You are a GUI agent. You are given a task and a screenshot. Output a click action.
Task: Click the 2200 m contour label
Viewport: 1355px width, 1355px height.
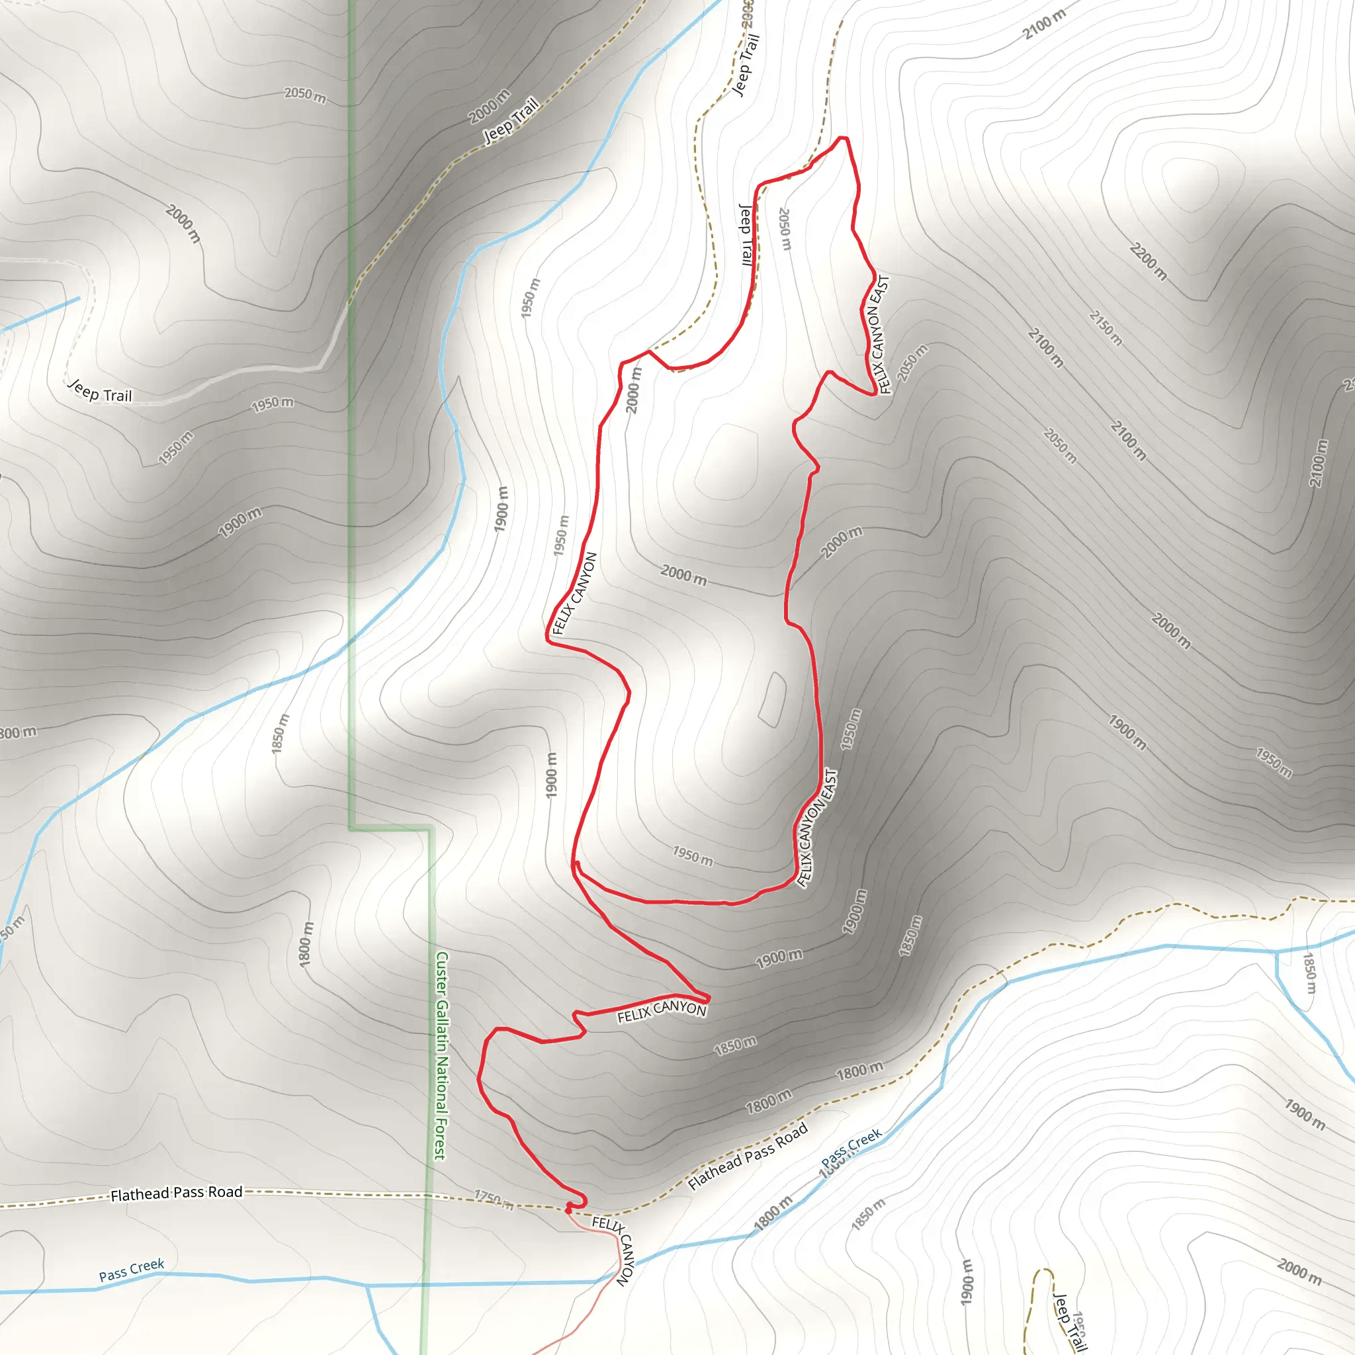(1148, 261)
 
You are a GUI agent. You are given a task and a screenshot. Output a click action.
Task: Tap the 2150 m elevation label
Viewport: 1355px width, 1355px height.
(1106, 328)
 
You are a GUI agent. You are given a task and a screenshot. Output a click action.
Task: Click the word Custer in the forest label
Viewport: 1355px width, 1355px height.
(441, 973)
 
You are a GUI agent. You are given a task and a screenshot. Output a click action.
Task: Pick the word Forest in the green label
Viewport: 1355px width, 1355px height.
(440, 1140)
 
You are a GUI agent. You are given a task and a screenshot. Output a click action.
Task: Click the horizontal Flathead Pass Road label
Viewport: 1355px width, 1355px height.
(177, 1193)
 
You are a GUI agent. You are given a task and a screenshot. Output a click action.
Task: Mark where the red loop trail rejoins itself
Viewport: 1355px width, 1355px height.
(575, 864)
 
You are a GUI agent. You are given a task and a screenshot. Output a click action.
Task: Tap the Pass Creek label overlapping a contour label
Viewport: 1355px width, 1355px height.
(852, 1147)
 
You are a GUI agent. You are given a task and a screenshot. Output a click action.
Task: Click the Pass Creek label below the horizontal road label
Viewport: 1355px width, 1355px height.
(132, 1270)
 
